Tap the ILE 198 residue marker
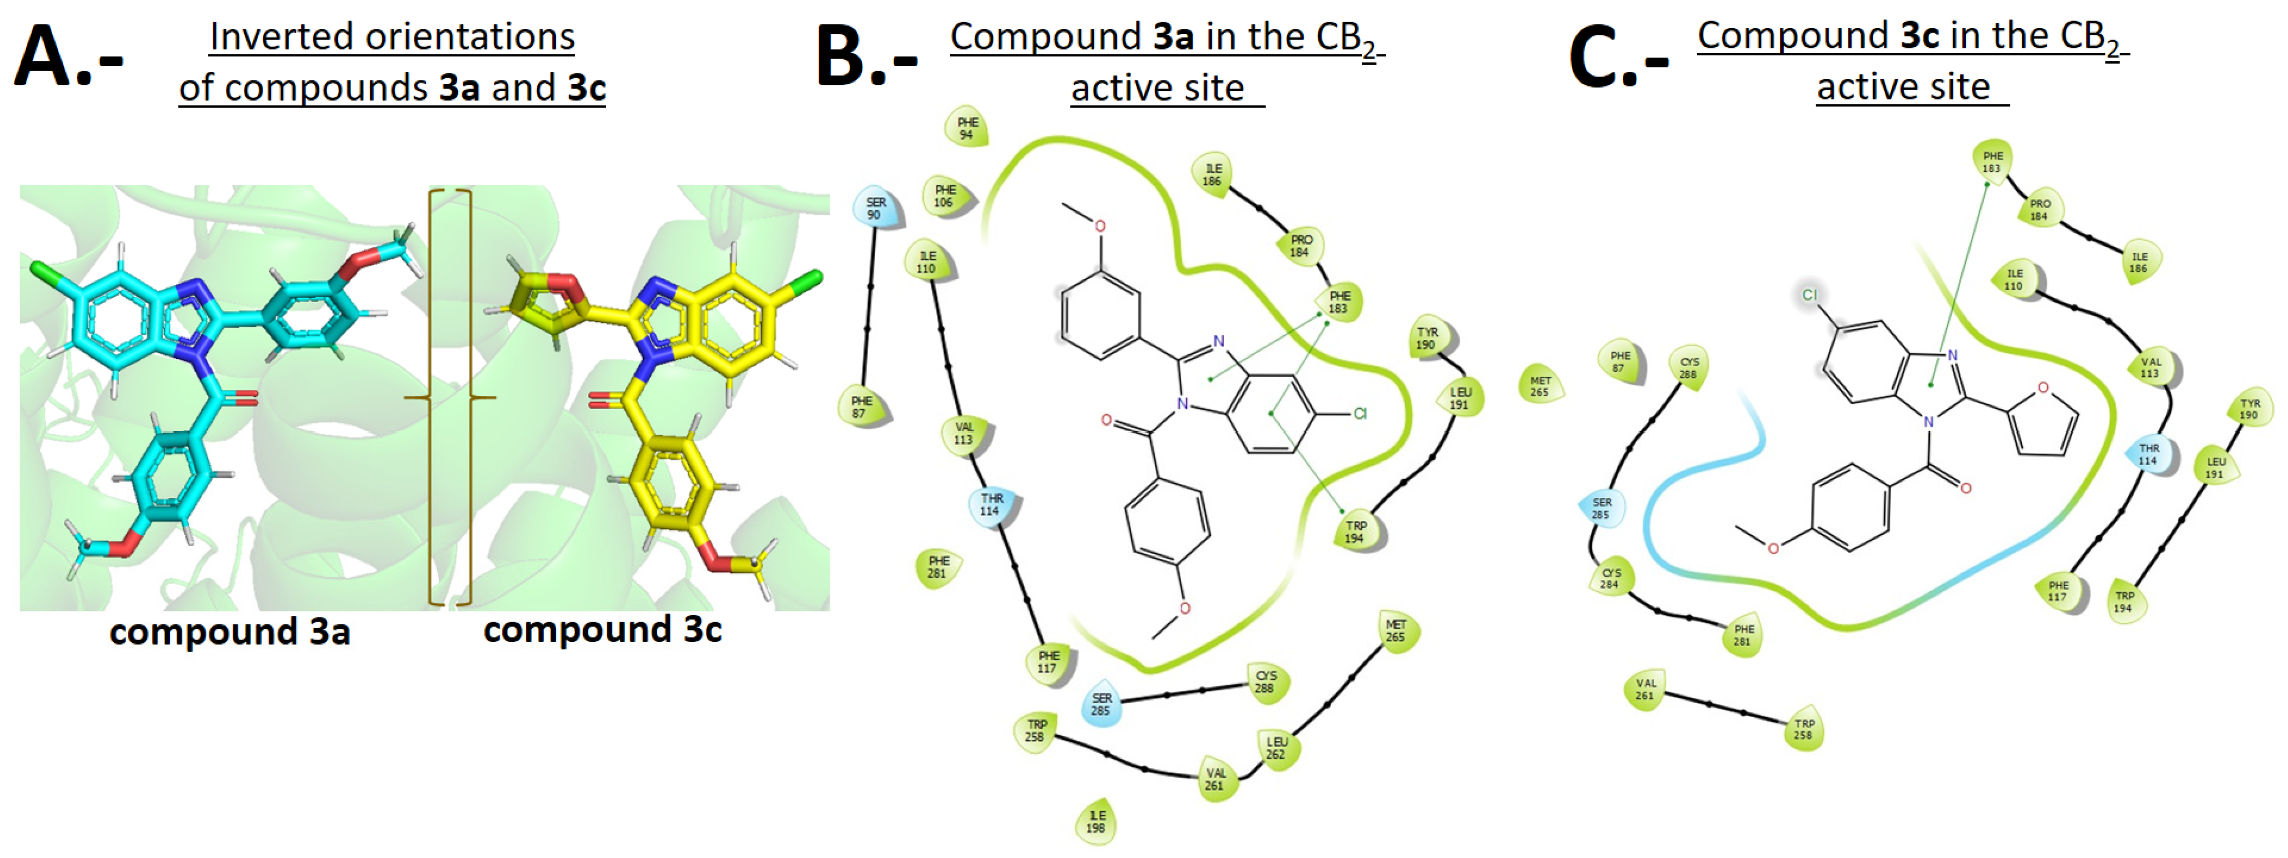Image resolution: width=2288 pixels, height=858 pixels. click(x=1097, y=822)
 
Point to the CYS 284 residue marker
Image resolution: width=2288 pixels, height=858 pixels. click(x=1610, y=578)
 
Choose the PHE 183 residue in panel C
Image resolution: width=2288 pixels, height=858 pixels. click(x=1992, y=161)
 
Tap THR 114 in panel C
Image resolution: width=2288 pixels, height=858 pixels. click(x=2149, y=454)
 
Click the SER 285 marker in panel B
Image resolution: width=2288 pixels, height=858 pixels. click(x=1102, y=704)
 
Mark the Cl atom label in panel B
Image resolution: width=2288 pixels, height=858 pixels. click(x=1360, y=414)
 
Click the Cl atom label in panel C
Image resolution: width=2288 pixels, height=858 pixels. click(x=1809, y=295)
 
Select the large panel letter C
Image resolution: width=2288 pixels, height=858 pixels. click(x=1596, y=58)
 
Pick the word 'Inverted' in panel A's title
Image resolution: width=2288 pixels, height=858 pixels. click(x=268, y=37)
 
